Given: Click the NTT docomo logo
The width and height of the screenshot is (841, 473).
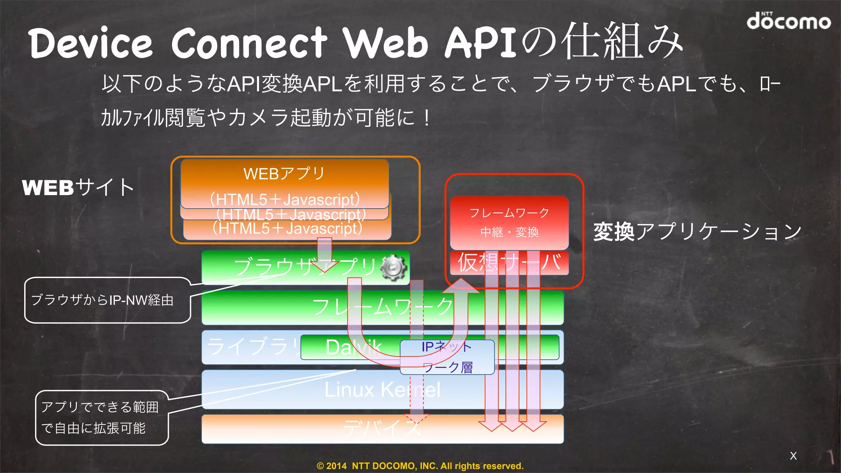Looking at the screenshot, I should pos(788,21).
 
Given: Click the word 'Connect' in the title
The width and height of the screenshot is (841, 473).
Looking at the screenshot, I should pos(249,43).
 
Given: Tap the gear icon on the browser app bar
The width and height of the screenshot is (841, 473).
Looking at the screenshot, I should pos(393,268).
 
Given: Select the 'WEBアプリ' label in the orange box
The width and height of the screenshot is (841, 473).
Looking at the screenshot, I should pos(284,174).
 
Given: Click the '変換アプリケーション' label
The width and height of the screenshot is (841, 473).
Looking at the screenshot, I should pos(697,232).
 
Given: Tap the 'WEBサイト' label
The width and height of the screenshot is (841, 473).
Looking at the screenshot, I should pos(78,188).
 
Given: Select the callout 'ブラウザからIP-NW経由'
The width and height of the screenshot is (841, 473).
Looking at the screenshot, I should pos(103,300).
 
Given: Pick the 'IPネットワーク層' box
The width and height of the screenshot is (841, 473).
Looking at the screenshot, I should pos(447,357).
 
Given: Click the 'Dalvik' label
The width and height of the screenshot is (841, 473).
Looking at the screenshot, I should pos(353,347).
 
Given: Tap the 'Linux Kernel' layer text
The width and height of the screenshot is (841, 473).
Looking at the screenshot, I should pos(382,389).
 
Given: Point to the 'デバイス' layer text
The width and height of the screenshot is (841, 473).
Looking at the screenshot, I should pos(382,429).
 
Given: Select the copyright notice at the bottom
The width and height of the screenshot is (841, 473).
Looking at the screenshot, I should pos(420,466).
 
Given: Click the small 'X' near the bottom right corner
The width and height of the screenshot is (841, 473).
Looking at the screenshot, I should pos(793,456).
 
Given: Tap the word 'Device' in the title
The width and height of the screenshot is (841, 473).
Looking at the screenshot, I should pos(90,43).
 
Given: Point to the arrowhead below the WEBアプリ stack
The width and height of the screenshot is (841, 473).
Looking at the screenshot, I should pos(324,267).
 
